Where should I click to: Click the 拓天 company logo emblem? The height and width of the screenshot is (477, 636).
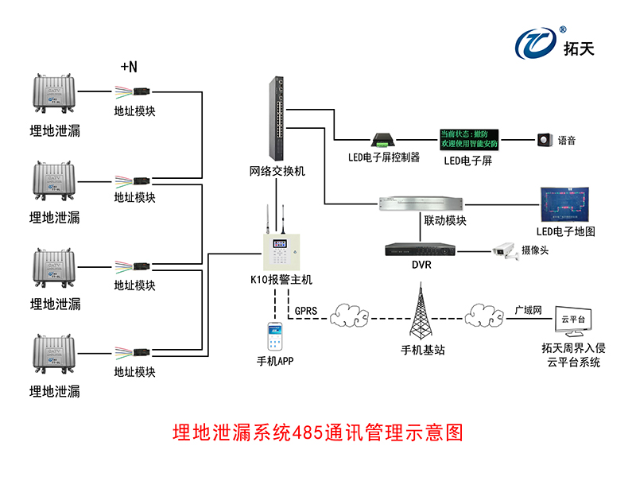(x=538, y=44)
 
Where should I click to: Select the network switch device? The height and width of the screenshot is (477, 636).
(x=277, y=119)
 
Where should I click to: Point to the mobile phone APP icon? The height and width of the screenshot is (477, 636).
(x=274, y=337)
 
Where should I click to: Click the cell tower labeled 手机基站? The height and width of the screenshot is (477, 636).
(x=421, y=311)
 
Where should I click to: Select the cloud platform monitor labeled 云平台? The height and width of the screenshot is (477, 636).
(x=573, y=320)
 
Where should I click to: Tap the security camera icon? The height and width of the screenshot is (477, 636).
(x=504, y=250)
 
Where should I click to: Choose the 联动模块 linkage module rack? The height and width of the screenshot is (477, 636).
(x=421, y=203)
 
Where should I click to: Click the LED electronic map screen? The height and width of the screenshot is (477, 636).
(x=565, y=204)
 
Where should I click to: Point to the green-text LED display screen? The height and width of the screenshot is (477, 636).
(x=469, y=140)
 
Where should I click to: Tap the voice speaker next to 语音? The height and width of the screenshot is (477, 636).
(x=545, y=141)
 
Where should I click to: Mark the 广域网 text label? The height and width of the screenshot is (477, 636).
(x=528, y=310)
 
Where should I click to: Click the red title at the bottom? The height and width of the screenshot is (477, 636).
(x=317, y=433)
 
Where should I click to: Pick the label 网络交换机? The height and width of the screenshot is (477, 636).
(x=277, y=171)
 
